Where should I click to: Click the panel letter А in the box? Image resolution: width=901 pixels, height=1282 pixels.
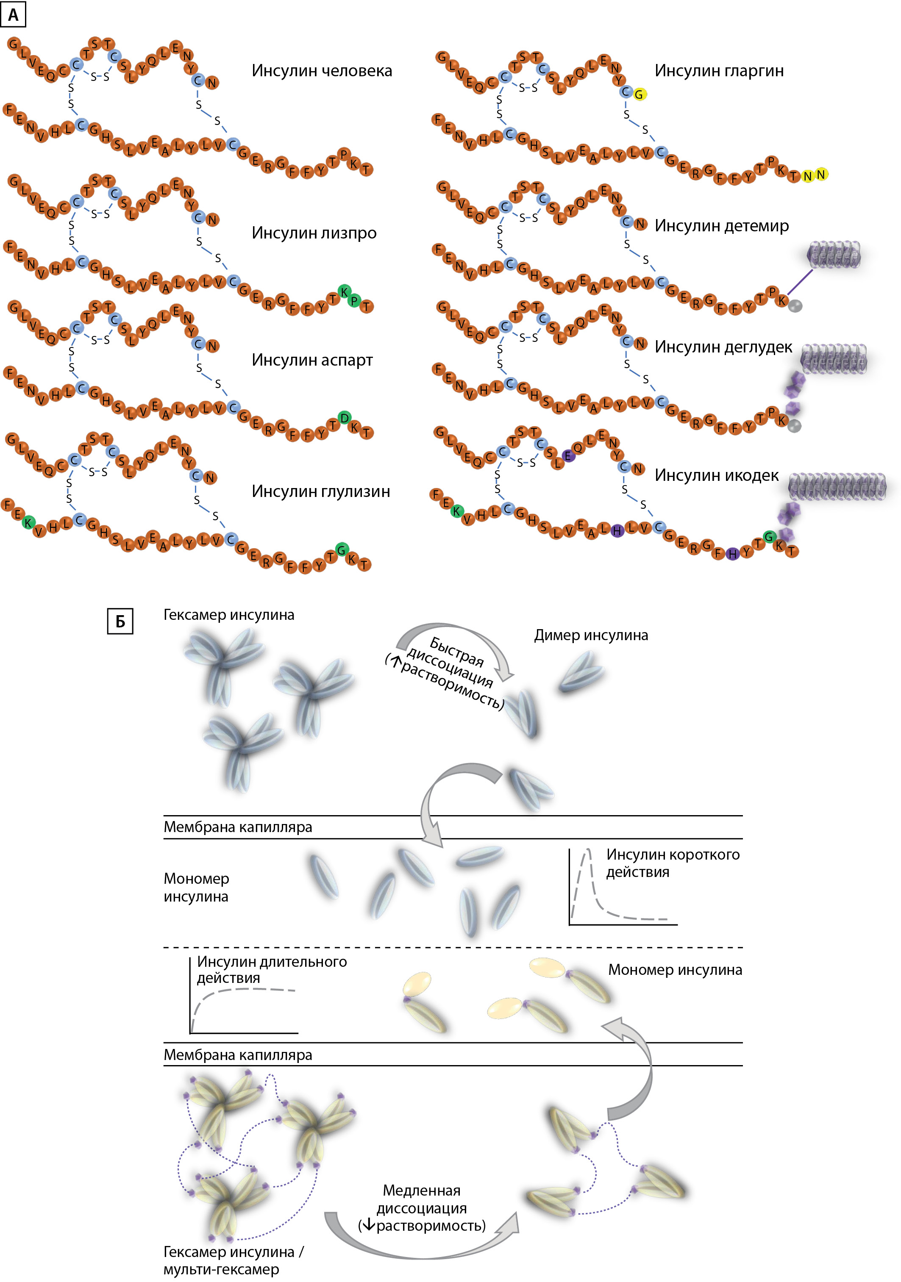(14, 14)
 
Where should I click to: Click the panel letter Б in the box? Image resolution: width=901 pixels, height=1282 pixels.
(120, 622)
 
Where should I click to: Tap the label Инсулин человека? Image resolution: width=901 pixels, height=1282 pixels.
(322, 71)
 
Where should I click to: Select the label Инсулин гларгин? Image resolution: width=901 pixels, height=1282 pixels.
(719, 71)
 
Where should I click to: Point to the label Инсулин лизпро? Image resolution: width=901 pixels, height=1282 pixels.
(314, 233)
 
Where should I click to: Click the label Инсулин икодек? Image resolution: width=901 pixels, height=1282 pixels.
(717, 475)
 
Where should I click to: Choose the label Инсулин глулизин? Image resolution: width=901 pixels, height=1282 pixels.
(321, 491)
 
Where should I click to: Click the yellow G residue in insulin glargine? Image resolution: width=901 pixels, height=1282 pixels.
(639, 94)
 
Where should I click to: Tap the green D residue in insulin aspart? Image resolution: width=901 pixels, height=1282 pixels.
(345, 418)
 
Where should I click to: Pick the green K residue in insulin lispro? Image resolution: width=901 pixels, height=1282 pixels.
(345, 291)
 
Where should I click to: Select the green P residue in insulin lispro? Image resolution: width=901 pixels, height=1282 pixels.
(354, 300)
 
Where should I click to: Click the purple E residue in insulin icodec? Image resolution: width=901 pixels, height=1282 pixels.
(568, 455)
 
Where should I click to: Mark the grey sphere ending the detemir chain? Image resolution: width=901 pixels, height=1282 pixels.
(795, 305)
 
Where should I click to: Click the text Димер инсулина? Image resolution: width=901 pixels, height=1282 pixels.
(591, 635)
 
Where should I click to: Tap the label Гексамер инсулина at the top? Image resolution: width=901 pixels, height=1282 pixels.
(228, 615)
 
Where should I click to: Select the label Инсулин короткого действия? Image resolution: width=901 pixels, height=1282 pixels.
(673, 863)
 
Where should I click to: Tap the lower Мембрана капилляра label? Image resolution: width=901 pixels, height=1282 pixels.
(237, 1055)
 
